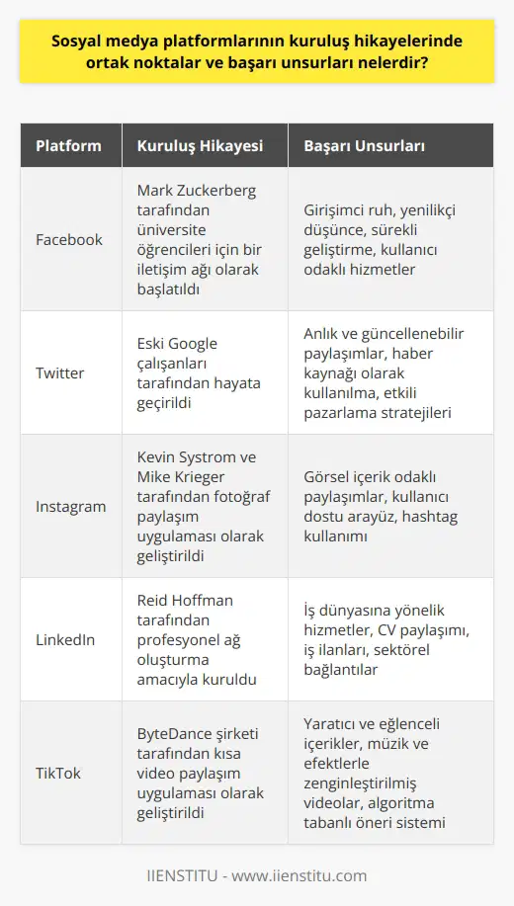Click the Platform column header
68,146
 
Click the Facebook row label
69,239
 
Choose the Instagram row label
71,506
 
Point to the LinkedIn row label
66,639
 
